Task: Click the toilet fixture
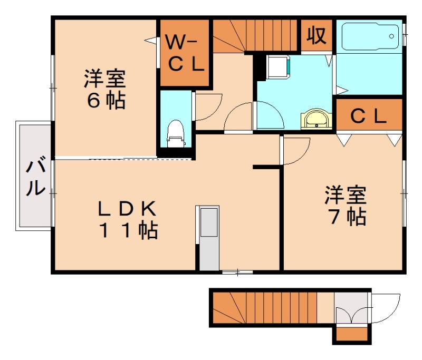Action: click(176, 133)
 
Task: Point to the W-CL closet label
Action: click(185, 53)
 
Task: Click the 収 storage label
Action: click(316, 35)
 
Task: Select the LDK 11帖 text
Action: click(127, 219)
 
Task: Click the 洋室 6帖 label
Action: click(104, 90)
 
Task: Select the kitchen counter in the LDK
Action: click(208, 237)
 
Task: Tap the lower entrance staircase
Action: click(264, 308)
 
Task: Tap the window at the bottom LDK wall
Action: click(237, 272)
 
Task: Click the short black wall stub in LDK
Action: click(266, 167)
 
